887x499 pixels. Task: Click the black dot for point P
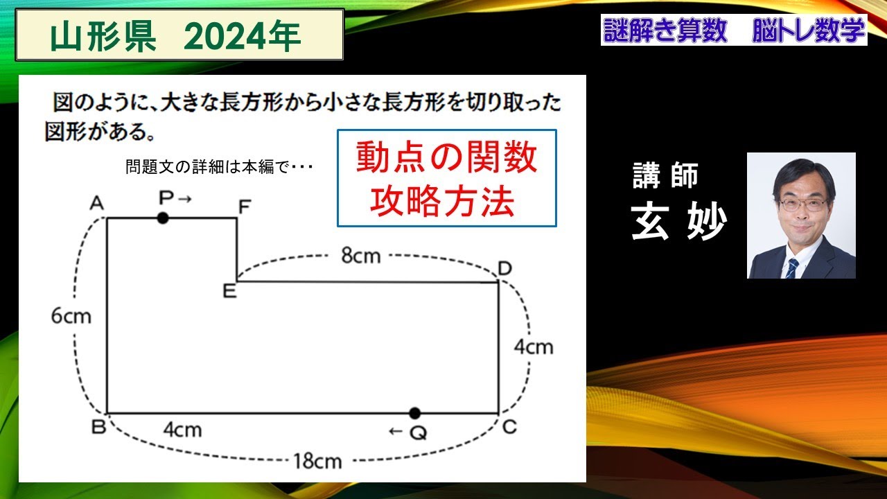pyautogui.click(x=163, y=218)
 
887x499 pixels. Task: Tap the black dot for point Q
pyautogui.click(x=414, y=413)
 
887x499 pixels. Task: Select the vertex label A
pyautogui.click(x=96, y=203)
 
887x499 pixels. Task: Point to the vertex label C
pyautogui.click(x=509, y=427)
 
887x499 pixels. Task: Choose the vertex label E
pyautogui.click(x=229, y=291)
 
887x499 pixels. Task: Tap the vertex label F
pyautogui.click(x=245, y=207)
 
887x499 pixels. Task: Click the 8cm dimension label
pyautogui.click(x=360, y=256)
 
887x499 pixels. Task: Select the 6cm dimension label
pyautogui.click(x=71, y=316)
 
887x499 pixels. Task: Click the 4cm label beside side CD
pyautogui.click(x=533, y=347)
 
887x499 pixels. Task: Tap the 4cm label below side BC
pyautogui.click(x=182, y=430)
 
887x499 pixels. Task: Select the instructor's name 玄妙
pyautogui.click(x=678, y=222)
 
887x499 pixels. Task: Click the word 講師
pyautogui.click(x=665, y=176)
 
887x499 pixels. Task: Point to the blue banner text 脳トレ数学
pyautogui.click(x=808, y=32)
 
